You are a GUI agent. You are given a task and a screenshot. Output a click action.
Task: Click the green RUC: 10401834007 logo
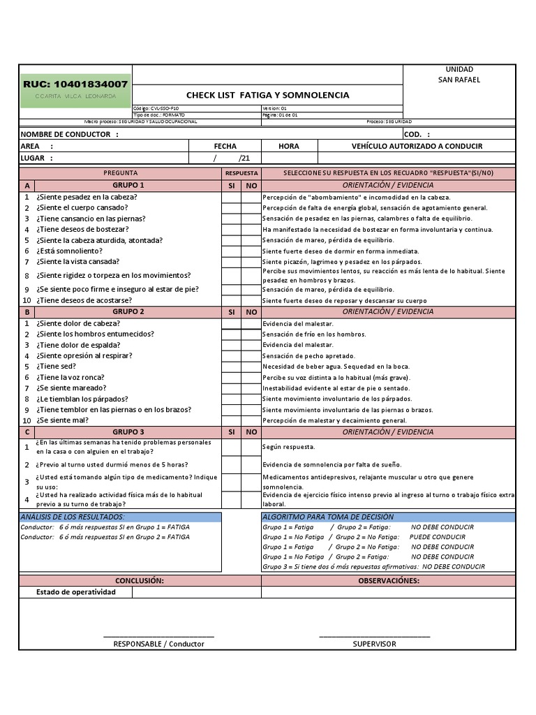75,89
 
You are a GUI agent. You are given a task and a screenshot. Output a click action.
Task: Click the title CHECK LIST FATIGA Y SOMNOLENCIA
267,95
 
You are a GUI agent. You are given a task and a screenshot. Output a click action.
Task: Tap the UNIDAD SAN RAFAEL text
459,75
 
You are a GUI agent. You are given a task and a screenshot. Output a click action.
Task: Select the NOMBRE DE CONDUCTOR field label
70,134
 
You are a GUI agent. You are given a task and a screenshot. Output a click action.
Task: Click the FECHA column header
225,146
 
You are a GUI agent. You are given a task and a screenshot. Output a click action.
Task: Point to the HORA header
288,146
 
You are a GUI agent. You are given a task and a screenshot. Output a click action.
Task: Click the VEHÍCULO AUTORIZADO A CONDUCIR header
417,146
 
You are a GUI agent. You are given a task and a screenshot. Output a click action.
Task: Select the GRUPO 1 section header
128,185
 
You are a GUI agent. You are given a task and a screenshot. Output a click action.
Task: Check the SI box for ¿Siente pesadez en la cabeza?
231,197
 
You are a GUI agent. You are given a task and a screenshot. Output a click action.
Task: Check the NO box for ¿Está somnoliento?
251,251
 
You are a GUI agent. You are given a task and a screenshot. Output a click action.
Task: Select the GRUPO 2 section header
128,311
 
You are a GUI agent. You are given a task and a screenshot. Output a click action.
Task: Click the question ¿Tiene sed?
56,366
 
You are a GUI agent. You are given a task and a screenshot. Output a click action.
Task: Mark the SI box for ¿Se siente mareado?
231,388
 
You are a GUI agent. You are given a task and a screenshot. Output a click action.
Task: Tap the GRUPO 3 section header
128,432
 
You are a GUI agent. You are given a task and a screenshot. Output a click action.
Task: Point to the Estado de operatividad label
75,591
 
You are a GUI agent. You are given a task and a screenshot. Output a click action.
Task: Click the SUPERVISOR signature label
374,644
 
